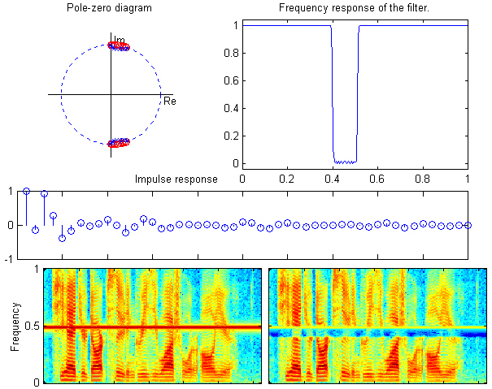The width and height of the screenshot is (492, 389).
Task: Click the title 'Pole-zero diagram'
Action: tap(109, 9)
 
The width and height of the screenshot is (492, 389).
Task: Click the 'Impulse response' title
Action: tap(176, 179)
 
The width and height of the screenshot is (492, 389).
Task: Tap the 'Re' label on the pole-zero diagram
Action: tap(169, 102)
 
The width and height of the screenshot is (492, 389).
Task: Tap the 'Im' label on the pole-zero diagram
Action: tap(120, 40)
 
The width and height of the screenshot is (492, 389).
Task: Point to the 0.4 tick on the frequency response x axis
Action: tap(333, 177)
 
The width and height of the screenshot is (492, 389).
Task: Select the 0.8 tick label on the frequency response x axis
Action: tap(423, 177)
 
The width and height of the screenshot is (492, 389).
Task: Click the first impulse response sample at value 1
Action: tap(26, 191)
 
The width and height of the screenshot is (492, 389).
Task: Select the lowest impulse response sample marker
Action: tap(62, 238)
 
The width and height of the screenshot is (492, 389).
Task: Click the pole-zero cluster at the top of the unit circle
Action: tap(119, 46)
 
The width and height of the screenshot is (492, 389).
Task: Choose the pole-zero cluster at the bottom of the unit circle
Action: tap(119, 143)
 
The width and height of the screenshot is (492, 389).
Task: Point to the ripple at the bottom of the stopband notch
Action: tap(345, 162)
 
